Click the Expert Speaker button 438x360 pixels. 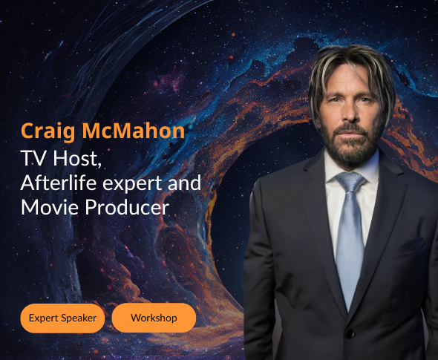click(62, 318)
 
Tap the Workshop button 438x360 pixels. click(154, 318)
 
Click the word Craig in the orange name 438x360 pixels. click(48, 131)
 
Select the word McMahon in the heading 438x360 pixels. click(134, 131)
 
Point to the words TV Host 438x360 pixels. click(61, 158)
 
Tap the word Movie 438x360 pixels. click(50, 207)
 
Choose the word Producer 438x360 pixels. click(127, 207)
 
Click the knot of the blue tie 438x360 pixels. click(350, 182)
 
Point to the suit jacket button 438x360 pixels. click(350, 333)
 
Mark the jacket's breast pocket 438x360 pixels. click(410, 246)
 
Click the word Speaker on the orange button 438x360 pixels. click(79, 318)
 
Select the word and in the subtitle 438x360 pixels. click(184, 183)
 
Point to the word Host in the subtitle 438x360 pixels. click(76, 158)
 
